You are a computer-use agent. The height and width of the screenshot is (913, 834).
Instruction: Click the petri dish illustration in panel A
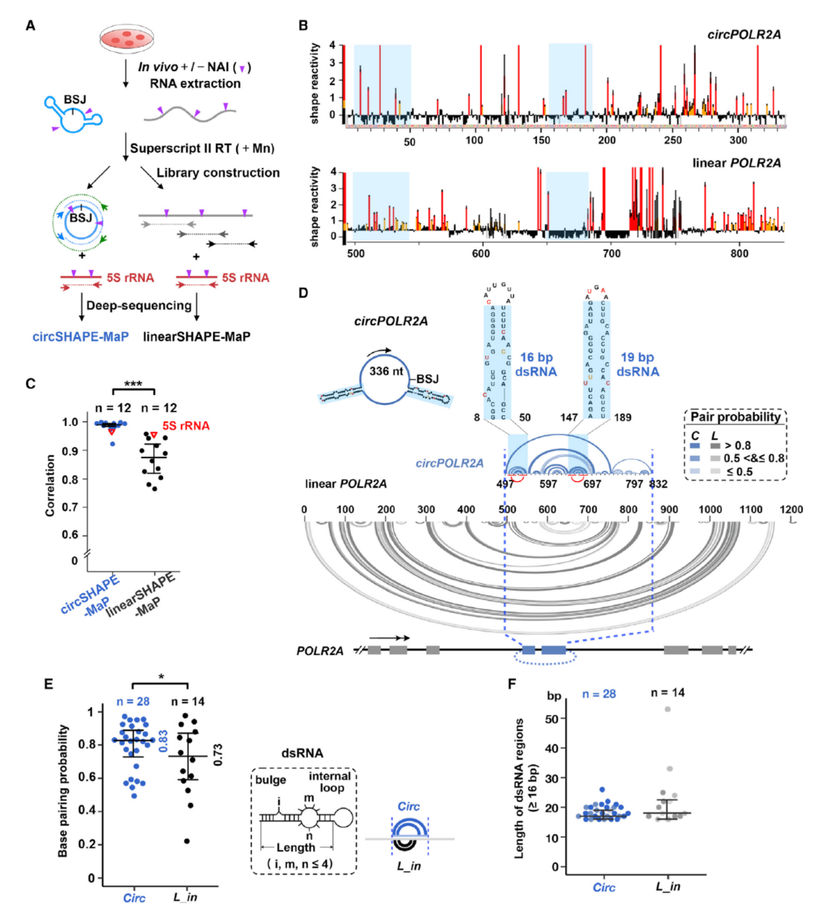127,39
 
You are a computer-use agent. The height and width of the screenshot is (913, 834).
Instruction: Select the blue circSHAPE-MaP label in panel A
80,336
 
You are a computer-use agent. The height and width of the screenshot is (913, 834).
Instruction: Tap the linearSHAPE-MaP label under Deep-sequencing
196,336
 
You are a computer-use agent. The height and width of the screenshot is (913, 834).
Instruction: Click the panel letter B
303,25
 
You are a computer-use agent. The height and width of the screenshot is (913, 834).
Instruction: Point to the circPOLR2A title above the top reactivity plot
744,35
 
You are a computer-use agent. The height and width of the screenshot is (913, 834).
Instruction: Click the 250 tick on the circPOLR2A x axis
673,140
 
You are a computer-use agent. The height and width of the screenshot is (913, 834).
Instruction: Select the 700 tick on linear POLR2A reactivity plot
611,253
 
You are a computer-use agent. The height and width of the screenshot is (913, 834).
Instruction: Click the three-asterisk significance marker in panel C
133,384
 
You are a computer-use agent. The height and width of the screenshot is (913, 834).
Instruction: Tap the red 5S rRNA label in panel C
186,426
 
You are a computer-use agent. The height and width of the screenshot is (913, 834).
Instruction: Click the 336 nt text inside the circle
386,371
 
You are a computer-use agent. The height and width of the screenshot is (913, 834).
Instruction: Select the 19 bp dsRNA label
637,364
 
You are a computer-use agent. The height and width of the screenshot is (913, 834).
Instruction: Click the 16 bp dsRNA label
536,364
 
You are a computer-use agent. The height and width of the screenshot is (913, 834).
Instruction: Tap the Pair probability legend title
735,417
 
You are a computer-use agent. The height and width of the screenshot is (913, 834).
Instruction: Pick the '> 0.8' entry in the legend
737,446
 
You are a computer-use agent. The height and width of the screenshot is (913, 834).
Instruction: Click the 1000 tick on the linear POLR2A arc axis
710,509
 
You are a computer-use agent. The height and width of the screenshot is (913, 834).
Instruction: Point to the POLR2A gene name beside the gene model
320,650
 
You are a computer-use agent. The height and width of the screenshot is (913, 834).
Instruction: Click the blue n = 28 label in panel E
133,702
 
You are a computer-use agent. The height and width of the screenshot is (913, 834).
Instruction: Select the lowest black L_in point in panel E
187,841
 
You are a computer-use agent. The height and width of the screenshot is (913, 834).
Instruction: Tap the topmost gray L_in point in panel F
667,709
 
